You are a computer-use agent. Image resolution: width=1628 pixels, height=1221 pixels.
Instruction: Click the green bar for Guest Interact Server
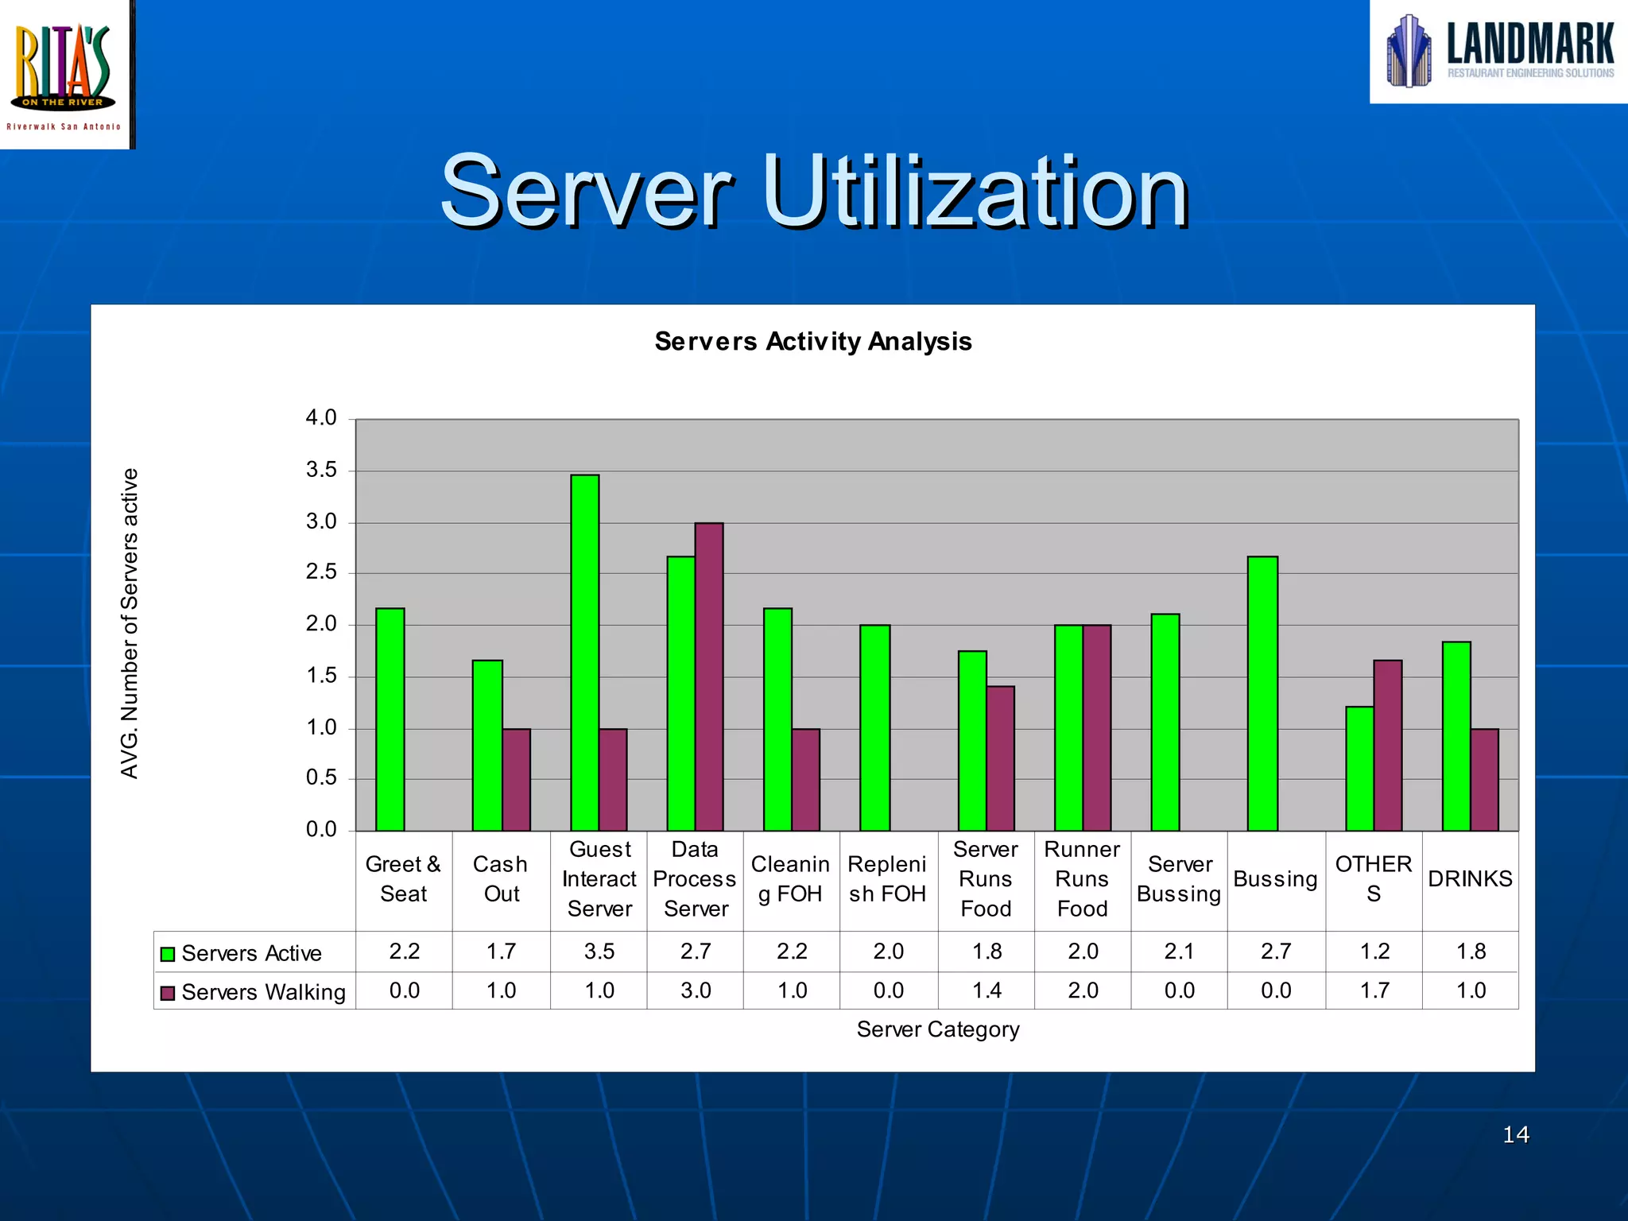click(584, 652)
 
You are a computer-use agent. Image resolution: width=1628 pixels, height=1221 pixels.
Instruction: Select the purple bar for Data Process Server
click(709, 676)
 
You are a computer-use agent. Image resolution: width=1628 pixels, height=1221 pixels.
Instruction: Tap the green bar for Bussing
click(1262, 693)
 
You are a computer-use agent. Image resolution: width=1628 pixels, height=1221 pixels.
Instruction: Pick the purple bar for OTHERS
click(1387, 745)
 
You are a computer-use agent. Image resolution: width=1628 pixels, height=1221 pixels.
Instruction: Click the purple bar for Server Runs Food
click(1000, 758)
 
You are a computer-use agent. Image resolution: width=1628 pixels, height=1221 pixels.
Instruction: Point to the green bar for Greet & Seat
click(390, 719)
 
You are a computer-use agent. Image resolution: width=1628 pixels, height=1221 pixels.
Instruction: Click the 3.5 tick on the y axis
click(321, 471)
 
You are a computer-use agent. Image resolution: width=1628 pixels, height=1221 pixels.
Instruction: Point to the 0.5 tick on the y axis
click(321, 778)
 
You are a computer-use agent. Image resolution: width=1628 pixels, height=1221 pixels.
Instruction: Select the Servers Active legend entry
click(242, 953)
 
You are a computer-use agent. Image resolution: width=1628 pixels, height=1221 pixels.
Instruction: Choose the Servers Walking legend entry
click(254, 992)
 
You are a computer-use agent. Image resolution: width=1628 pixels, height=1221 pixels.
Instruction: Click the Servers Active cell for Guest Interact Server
click(599, 952)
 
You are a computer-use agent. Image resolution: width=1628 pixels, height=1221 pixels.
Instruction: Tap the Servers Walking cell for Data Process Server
click(696, 990)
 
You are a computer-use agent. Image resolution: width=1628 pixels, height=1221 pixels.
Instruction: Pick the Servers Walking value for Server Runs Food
click(986, 990)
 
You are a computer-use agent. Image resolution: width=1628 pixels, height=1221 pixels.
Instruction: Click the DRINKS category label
click(1470, 879)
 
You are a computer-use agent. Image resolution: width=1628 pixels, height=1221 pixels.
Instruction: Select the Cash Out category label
click(501, 879)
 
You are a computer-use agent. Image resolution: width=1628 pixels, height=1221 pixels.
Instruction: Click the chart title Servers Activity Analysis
click(812, 342)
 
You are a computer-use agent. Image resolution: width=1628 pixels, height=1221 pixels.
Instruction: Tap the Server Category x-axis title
click(937, 1029)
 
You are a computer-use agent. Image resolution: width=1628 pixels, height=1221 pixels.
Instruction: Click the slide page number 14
click(1515, 1134)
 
